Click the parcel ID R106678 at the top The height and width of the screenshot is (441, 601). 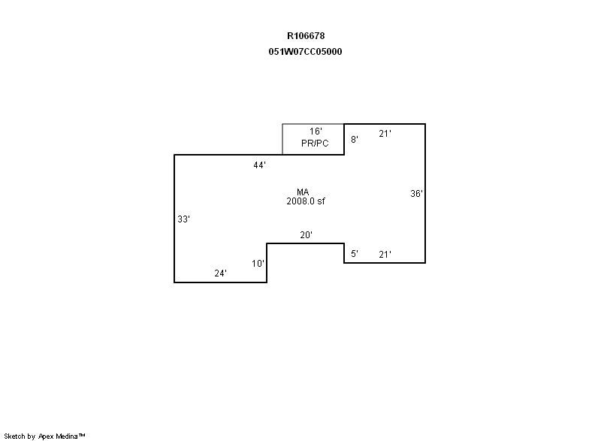click(x=306, y=36)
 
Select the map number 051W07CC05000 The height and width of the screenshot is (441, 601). click(x=305, y=52)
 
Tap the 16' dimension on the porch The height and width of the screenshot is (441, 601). click(x=316, y=131)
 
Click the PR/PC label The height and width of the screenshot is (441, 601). click(x=315, y=143)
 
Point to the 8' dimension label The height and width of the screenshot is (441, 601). click(x=355, y=140)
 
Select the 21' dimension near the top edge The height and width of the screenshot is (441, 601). click(x=385, y=134)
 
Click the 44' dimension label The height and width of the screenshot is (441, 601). click(x=259, y=165)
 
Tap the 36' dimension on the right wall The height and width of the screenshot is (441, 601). click(x=416, y=194)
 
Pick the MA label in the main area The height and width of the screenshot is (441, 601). click(x=303, y=192)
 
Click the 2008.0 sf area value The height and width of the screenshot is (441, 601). click(x=306, y=201)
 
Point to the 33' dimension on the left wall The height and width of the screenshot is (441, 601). click(x=183, y=219)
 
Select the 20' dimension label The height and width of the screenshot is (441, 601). click(x=306, y=235)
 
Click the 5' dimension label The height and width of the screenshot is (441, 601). click(x=355, y=254)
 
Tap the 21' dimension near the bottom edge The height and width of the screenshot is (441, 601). click(x=385, y=255)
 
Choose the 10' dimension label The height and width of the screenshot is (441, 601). click(x=258, y=264)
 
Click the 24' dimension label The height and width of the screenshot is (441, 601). click(x=220, y=273)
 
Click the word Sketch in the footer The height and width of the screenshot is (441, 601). click(x=14, y=436)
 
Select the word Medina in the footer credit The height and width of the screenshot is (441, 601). click(x=67, y=436)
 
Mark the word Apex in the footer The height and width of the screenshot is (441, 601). click(x=46, y=436)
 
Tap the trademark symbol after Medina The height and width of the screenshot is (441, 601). click(x=82, y=435)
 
